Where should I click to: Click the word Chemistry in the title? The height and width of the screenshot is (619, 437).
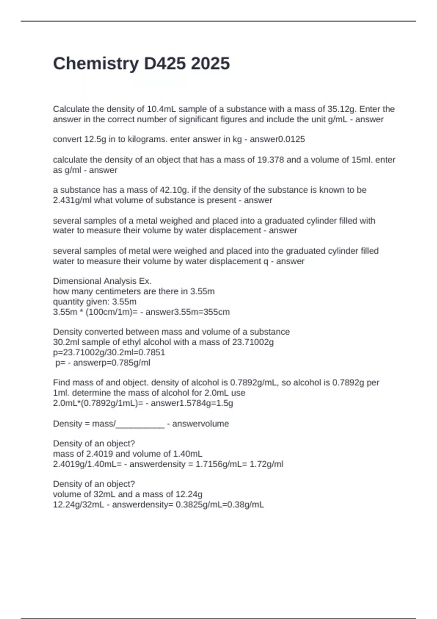point(96,64)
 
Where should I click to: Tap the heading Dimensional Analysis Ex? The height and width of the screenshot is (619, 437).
point(102,281)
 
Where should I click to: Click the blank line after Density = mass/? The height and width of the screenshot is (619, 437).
point(140,424)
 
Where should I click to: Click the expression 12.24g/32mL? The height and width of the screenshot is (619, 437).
point(78,505)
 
